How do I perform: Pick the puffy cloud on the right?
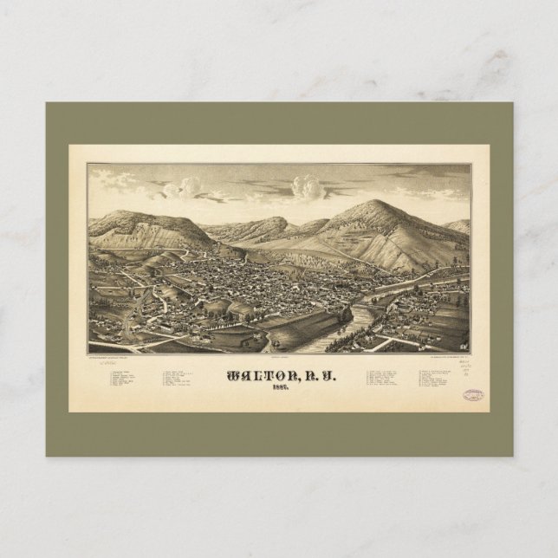(x=307, y=185)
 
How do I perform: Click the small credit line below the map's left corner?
(x=113, y=356)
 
